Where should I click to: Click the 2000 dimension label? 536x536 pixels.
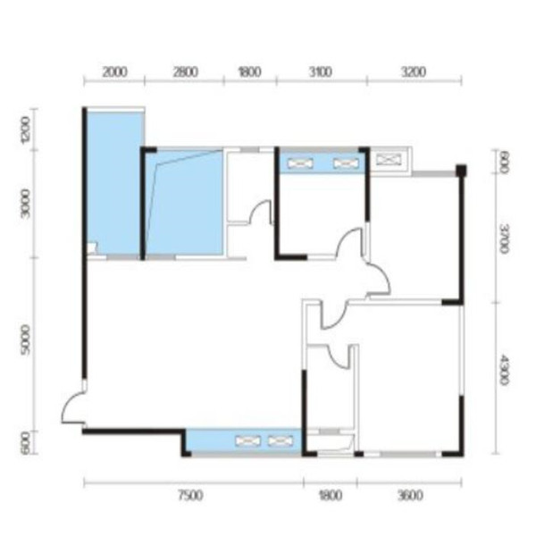coord(115,72)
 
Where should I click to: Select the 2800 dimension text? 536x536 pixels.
coord(185,72)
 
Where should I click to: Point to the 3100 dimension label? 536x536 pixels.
coord(321,72)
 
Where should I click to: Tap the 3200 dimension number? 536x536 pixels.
coord(414,72)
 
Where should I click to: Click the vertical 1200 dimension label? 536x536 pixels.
coord(26,130)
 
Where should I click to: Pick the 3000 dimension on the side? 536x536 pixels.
coord(26,204)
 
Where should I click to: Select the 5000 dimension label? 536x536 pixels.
coord(26,339)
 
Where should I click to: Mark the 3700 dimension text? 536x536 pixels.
coord(504,239)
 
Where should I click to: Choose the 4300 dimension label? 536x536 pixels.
coord(504,369)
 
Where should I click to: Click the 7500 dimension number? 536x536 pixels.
coord(191,495)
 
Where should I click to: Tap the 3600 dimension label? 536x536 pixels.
coord(410,495)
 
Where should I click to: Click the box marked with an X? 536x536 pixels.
coord(389,160)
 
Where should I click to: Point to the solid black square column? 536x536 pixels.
coord(462,171)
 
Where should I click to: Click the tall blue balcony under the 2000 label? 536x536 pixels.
coord(114,183)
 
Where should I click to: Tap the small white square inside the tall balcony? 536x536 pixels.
coord(92,247)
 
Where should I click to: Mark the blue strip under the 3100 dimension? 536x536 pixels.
coord(322,163)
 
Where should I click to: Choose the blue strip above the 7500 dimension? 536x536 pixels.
coord(243,441)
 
